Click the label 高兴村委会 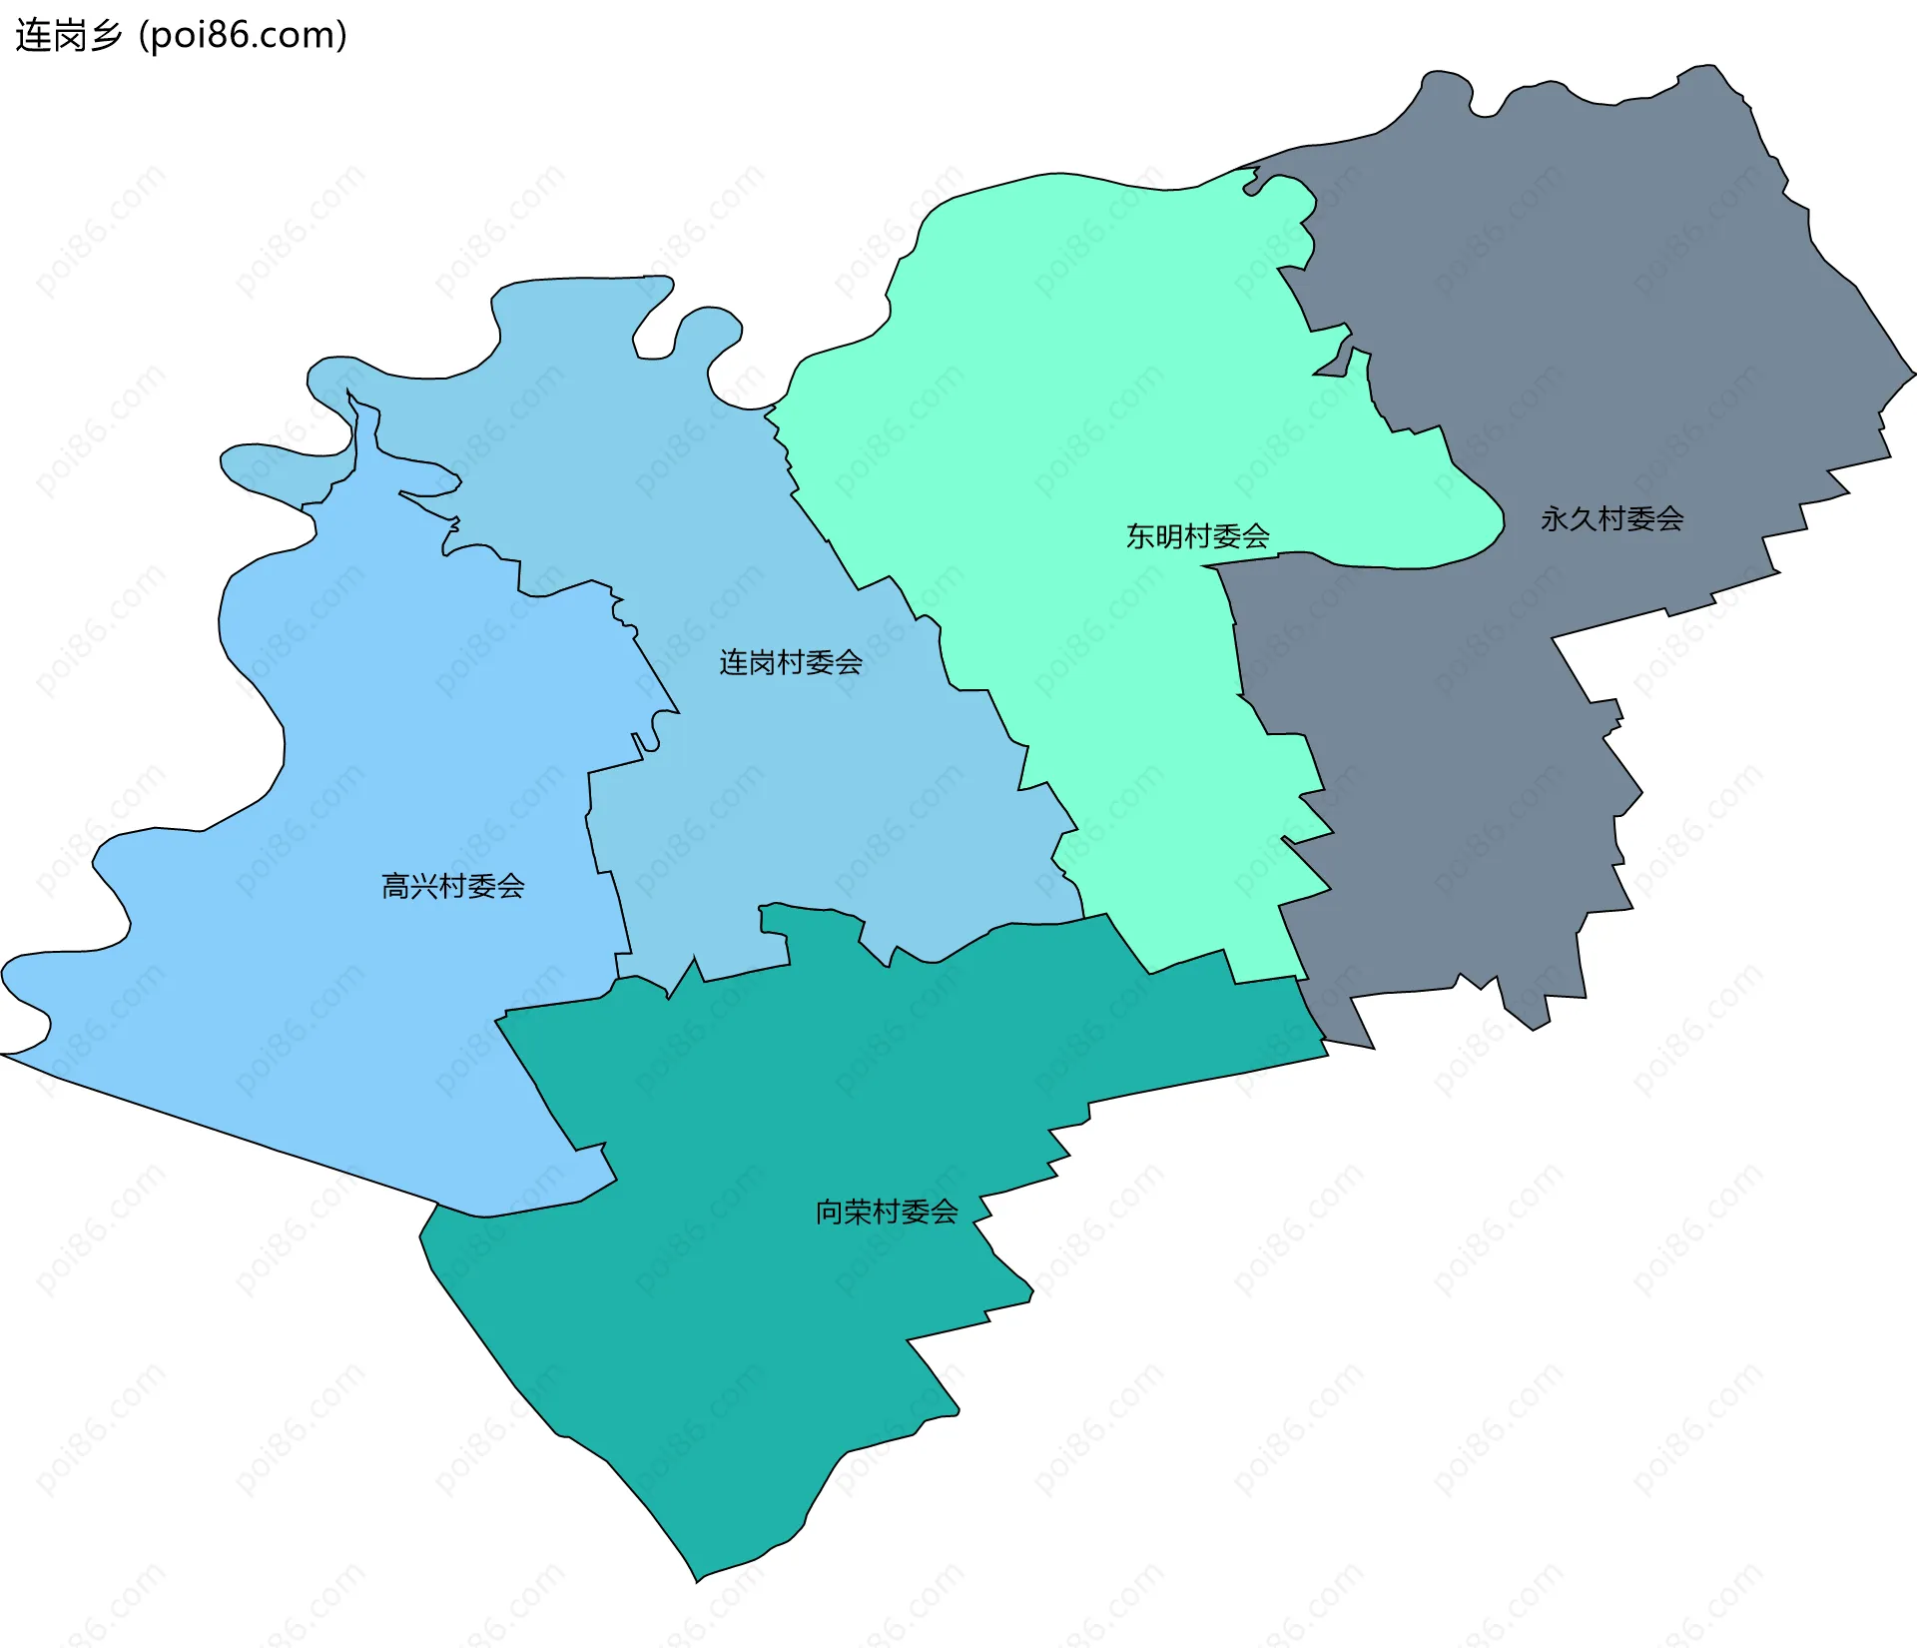click(x=452, y=886)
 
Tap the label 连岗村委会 click(x=790, y=662)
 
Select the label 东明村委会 click(x=1197, y=536)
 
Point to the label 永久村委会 click(x=1611, y=518)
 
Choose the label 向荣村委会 click(x=887, y=1212)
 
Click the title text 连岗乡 click(x=68, y=35)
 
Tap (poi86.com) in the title click(x=243, y=35)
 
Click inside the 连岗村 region click(x=799, y=799)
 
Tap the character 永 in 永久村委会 click(x=1555, y=518)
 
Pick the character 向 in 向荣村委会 click(x=830, y=1212)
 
